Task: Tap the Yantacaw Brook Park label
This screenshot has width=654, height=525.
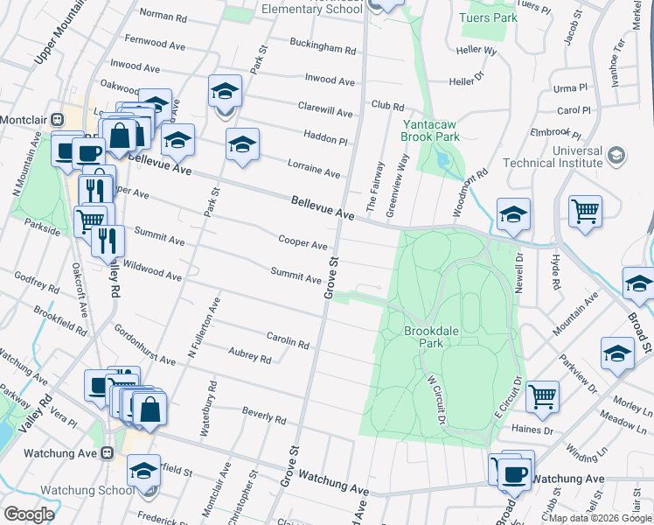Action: (430, 131)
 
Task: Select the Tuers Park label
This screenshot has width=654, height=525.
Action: (488, 17)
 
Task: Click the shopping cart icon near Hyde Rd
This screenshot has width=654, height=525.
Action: (585, 211)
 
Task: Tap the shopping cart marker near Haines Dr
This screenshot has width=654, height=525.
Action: (543, 396)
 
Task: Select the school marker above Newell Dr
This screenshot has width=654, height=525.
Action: (513, 213)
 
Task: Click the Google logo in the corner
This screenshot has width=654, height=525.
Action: (29, 514)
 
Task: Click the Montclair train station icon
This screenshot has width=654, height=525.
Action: (57, 120)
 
